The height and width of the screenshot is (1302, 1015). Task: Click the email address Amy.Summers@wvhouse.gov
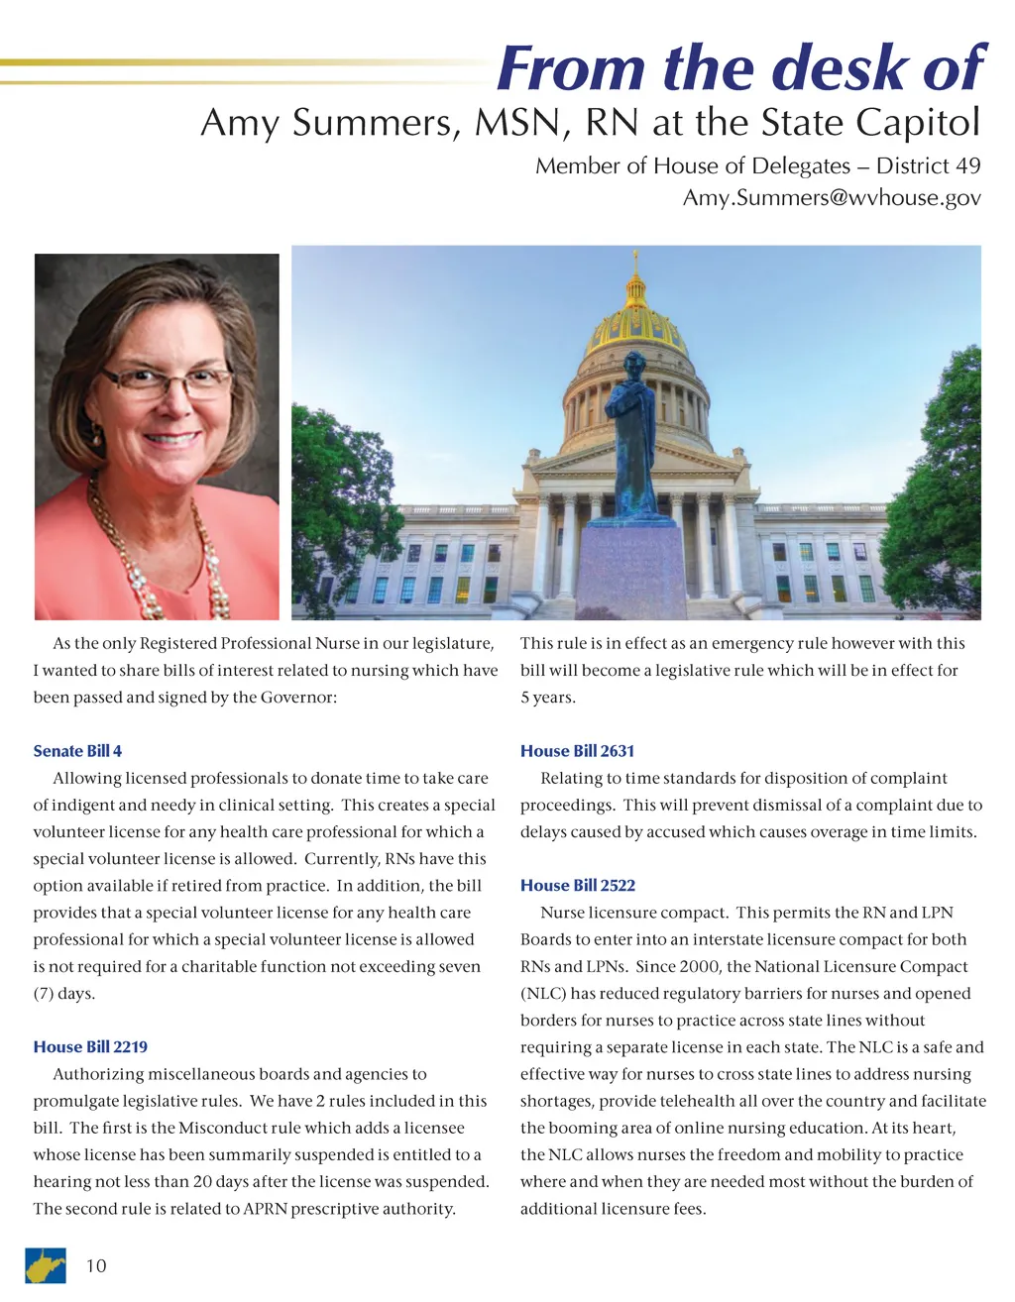(x=832, y=197)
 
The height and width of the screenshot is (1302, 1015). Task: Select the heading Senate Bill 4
(x=77, y=751)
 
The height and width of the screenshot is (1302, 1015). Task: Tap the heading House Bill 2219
(x=90, y=1046)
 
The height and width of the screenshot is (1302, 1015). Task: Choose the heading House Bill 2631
(x=577, y=751)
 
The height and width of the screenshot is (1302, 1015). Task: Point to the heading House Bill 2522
(x=577, y=885)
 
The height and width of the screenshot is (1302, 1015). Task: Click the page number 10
(x=96, y=1265)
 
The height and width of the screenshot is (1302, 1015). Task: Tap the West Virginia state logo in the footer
(x=46, y=1265)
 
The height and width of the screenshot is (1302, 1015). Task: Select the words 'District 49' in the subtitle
(x=928, y=165)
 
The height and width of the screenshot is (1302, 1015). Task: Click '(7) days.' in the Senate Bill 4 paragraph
(x=64, y=993)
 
